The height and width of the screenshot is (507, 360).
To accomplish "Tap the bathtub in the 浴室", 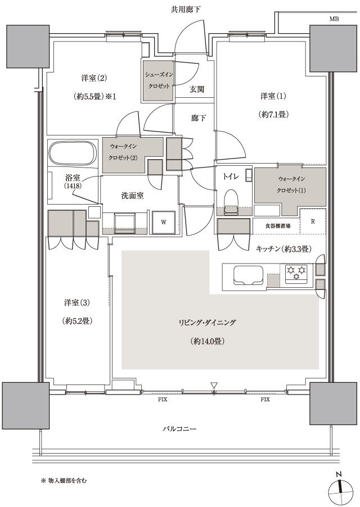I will tap(74, 152).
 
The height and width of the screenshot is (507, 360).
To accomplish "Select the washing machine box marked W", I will tap(164, 221).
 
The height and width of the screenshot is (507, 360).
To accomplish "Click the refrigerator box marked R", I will tap(312, 221).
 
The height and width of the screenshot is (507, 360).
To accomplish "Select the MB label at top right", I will tap(334, 19).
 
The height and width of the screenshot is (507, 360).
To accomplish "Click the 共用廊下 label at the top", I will tap(185, 10).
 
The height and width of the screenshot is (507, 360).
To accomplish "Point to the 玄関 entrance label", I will tap(196, 89).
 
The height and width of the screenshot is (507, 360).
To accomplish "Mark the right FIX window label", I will tap(265, 400).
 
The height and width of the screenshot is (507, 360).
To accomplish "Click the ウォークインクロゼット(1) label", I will tap(290, 184).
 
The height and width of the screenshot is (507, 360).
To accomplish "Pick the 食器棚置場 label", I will tap(278, 225).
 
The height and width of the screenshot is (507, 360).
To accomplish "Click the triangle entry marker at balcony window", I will tap(214, 385).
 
